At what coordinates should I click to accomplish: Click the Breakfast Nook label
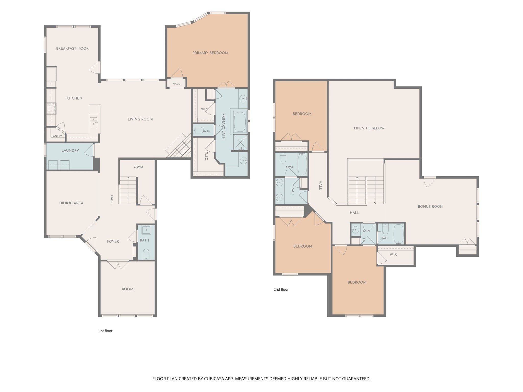[x=72, y=48]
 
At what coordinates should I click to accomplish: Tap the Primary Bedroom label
[x=210, y=53]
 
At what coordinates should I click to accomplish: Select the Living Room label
[x=140, y=119]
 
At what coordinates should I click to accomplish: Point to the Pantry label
[x=57, y=136]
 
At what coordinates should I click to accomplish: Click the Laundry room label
[x=70, y=151]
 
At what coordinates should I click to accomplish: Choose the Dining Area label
[x=71, y=203]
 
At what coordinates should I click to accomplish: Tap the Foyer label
[x=113, y=241]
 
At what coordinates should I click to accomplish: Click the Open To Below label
[x=369, y=128]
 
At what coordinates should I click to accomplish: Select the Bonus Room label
[x=431, y=206]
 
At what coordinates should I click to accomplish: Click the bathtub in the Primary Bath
[x=240, y=122]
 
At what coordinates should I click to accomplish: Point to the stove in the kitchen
[x=51, y=108]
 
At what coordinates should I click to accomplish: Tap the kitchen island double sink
[x=93, y=122]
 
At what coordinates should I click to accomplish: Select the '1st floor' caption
[x=106, y=331]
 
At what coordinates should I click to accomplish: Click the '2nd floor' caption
[x=281, y=289]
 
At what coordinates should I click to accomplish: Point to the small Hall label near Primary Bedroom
[x=176, y=84]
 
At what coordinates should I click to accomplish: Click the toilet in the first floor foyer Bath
[x=146, y=254]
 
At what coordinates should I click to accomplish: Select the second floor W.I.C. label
[x=394, y=254]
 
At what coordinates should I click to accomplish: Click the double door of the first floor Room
[x=118, y=264]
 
